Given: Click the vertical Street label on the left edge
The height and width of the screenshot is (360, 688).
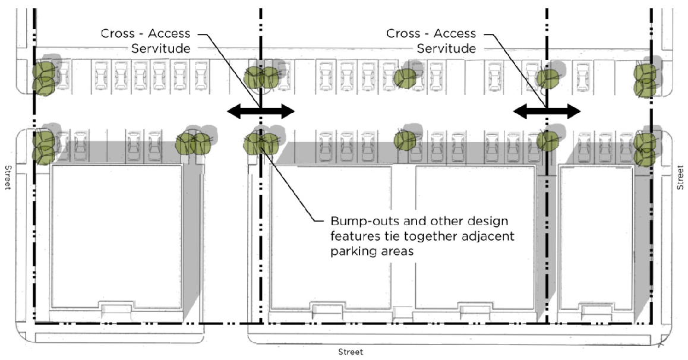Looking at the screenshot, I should [8, 177].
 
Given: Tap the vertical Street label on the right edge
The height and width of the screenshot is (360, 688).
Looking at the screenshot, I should [681, 177].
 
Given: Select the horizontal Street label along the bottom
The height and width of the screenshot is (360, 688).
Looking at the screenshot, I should [351, 352].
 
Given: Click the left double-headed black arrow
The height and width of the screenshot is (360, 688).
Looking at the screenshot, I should [260, 110].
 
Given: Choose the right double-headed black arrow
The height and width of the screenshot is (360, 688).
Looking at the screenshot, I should [547, 110].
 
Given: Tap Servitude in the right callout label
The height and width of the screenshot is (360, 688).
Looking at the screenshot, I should [446, 49].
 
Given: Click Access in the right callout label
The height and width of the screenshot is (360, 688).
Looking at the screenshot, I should [453, 34].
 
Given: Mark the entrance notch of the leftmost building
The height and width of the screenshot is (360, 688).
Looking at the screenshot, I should [116, 309].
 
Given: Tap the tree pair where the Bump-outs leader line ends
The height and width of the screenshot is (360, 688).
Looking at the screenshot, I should [260, 141].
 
